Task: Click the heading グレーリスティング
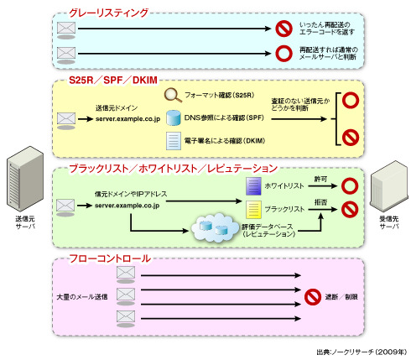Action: (108, 13)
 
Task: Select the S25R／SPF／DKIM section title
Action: (113, 81)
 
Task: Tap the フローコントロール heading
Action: (110, 258)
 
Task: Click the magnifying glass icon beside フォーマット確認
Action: (174, 95)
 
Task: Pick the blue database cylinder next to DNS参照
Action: (174, 117)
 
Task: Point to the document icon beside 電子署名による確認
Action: (174, 141)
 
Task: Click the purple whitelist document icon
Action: (253, 186)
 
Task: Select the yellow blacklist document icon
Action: (253, 210)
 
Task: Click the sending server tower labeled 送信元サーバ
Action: (25, 178)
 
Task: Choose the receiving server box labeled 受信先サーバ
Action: (389, 186)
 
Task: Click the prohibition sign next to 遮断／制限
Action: (313, 297)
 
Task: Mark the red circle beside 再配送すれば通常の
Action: (284, 54)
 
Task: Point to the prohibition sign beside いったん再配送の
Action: (284, 29)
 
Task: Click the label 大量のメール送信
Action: (82, 297)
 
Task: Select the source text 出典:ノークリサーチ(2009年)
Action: (362, 352)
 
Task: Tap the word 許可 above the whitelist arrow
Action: (320, 179)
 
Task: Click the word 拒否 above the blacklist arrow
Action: (320, 202)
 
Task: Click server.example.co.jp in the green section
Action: (127, 206)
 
